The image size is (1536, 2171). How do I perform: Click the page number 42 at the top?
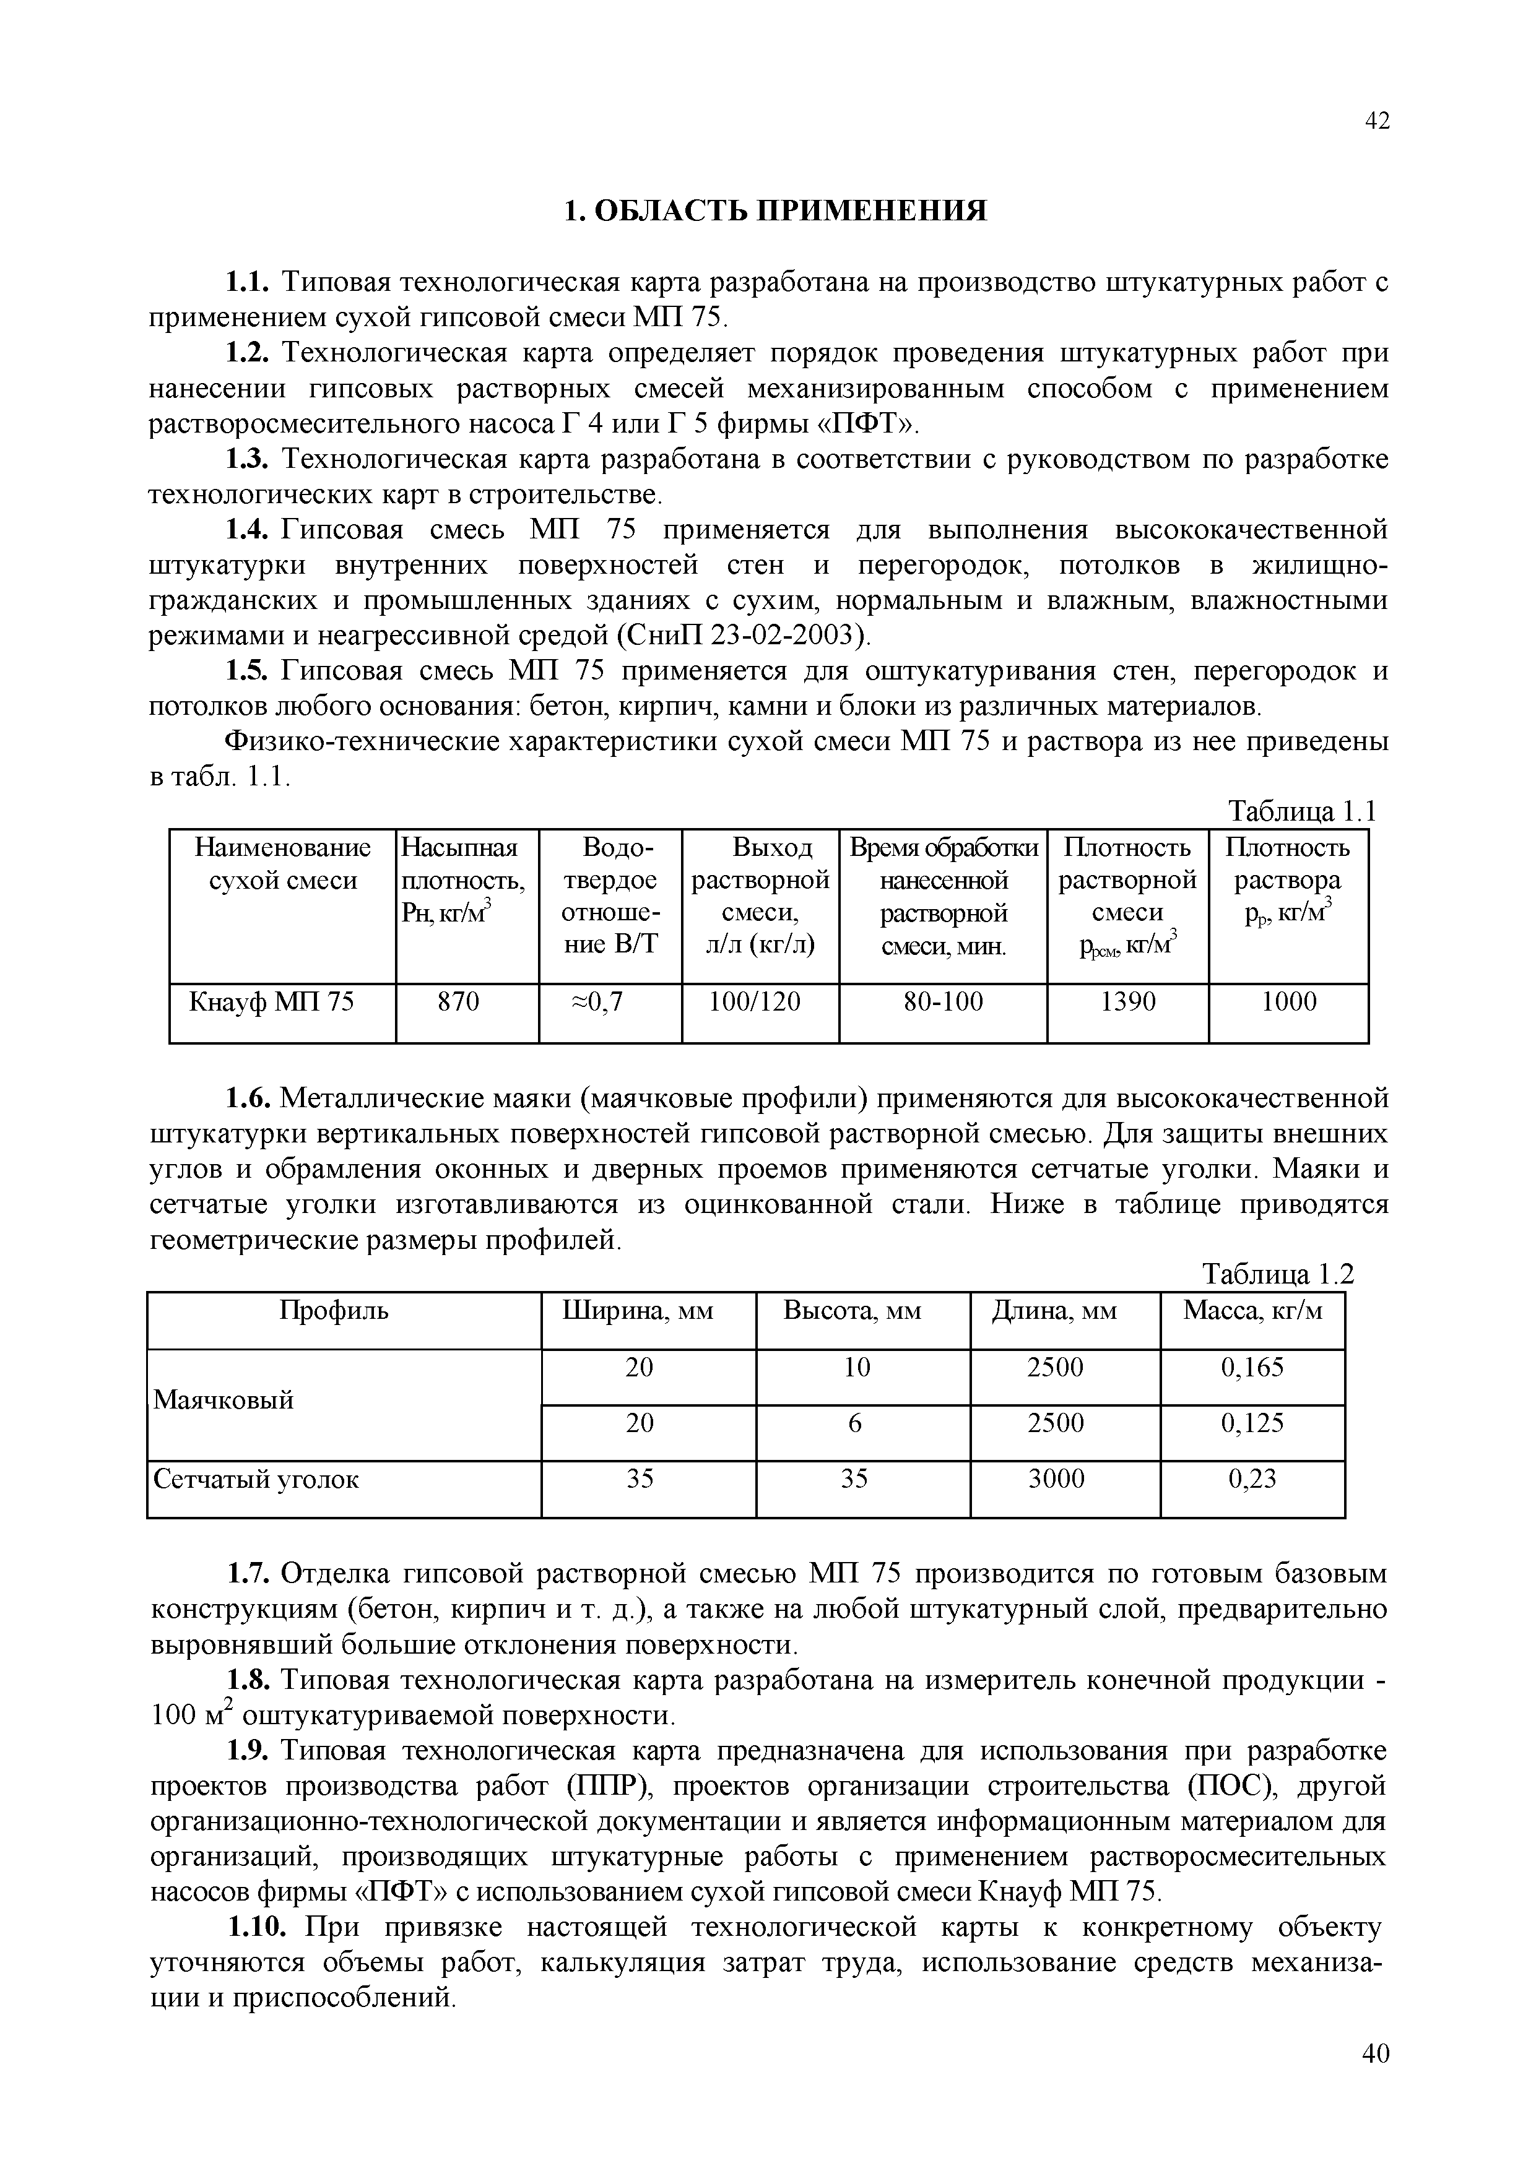point(1377,121)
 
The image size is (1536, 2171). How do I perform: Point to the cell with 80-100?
point(942,1003)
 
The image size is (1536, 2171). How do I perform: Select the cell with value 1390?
point(1127,1003)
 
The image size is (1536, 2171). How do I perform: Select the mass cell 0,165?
point(1252,1368)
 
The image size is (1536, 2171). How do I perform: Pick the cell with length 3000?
point(1056,1480)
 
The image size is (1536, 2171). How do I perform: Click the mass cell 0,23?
point(1252,1480)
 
